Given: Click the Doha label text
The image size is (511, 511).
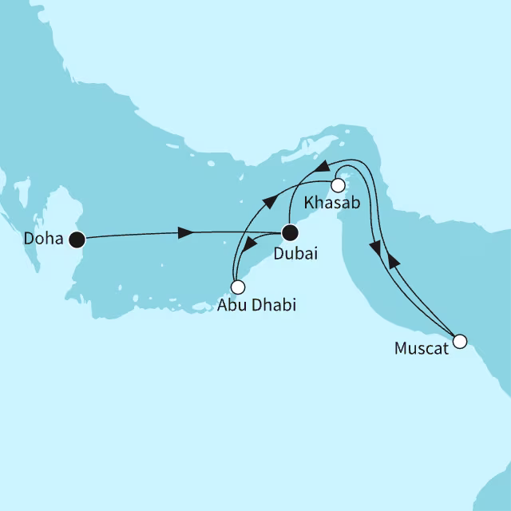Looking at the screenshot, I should (43, 239).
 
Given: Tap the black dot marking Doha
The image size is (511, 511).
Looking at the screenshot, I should (77, 238).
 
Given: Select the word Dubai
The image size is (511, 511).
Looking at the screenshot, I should (295, 255).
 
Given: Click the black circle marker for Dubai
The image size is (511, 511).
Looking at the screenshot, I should (291, 233).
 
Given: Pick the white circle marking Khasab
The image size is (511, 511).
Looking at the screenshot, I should (338, 185).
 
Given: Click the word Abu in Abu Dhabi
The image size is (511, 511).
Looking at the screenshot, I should (229, 305).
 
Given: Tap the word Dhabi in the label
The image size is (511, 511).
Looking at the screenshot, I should (267, 305).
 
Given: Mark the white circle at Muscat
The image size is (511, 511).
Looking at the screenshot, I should (459, 342).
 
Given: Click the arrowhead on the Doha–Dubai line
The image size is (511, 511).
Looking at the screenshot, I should (184, 233).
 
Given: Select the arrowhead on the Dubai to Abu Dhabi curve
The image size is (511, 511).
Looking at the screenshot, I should (251, 244).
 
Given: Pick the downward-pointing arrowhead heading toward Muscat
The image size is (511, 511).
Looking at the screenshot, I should (375, 250).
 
